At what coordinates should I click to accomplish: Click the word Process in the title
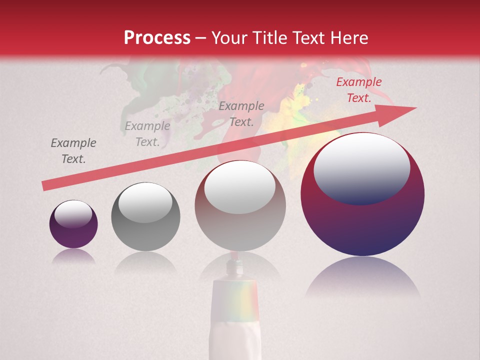157,38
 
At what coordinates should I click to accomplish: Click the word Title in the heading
270,38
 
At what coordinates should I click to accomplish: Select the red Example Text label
358,90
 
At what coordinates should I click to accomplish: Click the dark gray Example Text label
73,151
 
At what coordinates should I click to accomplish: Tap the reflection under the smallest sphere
73,256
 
